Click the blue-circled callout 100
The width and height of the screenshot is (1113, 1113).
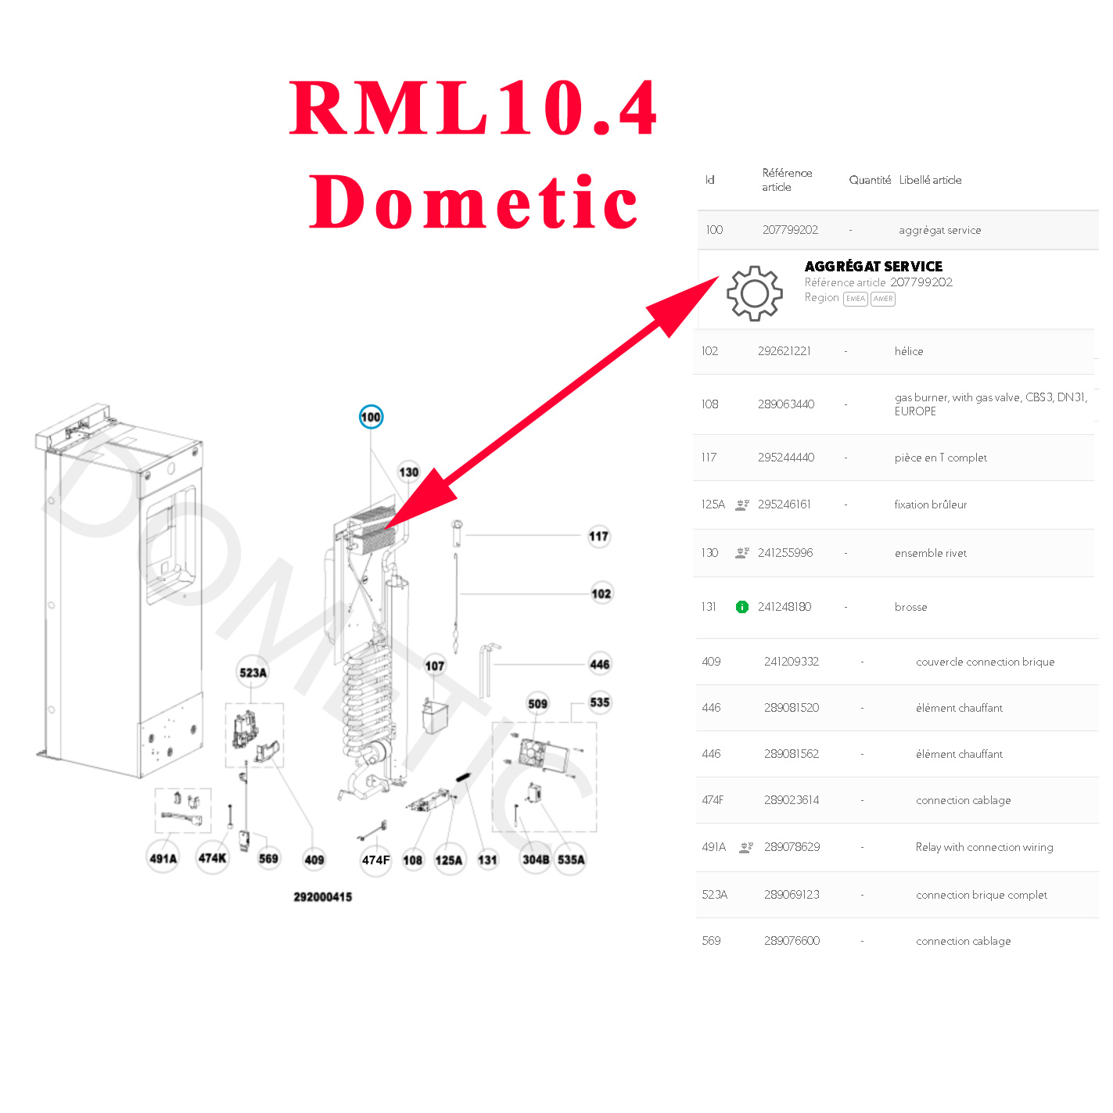371,417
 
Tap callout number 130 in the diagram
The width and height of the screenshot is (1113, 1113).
409,472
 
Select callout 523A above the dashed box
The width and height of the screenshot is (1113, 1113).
253,673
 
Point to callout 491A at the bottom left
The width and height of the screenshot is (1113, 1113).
163,859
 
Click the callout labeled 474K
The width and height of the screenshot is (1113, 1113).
212,858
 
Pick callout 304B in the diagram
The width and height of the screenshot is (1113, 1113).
536,860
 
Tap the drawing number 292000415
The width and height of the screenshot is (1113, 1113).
322,897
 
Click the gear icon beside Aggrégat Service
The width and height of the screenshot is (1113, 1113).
754,293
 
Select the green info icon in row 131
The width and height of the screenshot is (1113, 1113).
742,607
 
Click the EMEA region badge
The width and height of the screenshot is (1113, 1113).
856,299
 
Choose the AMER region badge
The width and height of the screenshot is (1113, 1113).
883,299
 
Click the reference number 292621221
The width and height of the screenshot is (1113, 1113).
784,351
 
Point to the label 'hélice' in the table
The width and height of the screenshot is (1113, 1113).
909,351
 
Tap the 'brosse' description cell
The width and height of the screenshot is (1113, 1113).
910,607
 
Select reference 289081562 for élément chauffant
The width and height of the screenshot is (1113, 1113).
792,754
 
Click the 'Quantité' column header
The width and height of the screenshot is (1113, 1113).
870,180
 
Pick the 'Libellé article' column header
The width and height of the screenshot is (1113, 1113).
930,180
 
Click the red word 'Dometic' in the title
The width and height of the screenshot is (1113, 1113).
474,202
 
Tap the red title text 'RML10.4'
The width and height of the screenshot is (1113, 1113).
473,108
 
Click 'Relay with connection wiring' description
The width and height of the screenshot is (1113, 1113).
984,847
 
